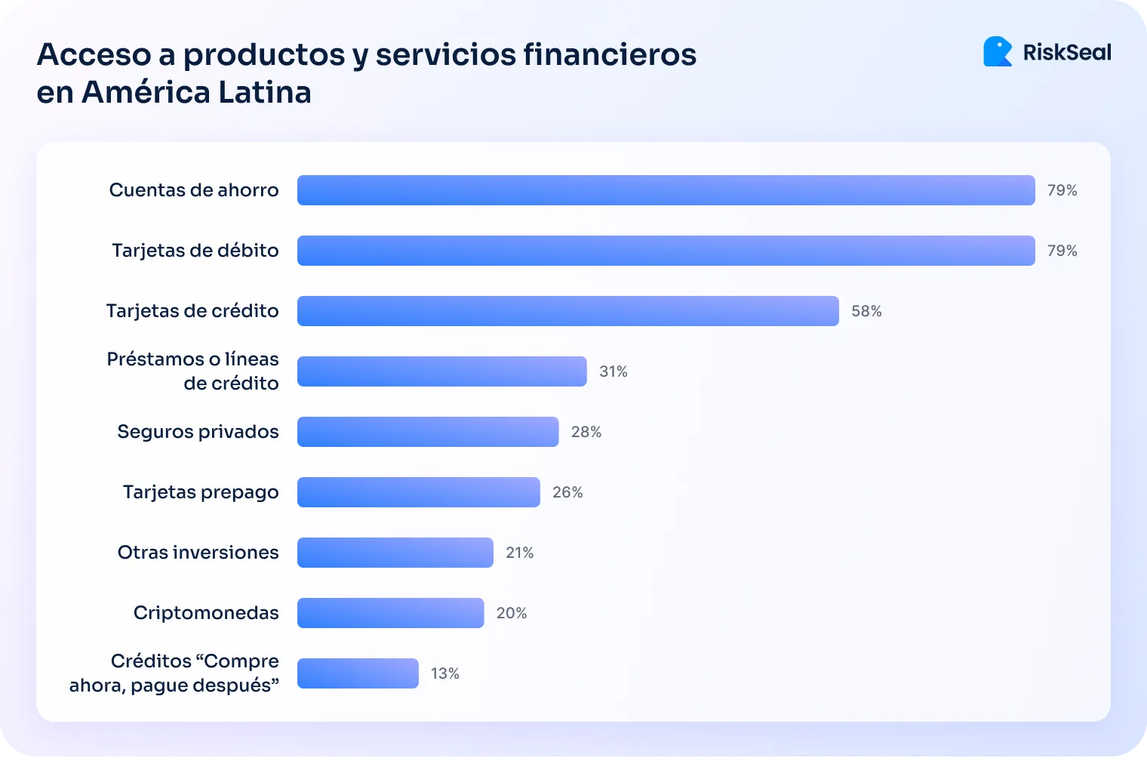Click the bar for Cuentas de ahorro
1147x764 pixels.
666,190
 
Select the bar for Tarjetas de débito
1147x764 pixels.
666,251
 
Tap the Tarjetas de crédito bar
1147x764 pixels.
567,311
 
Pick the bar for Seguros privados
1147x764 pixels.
428,432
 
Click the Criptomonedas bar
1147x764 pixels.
390,613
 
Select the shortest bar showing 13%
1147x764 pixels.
358,673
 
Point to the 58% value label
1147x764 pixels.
866,311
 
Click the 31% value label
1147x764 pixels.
613,371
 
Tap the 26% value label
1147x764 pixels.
567,492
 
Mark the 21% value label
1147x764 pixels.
519,553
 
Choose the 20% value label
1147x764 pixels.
511,613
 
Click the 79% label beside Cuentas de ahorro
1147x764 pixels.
1062,190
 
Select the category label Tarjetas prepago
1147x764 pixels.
201,492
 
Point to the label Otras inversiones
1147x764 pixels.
198,553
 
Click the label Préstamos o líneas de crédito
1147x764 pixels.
193,371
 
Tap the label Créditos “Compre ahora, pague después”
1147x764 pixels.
174,673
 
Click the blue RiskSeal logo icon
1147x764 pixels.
998,52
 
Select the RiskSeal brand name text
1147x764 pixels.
1067,52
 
